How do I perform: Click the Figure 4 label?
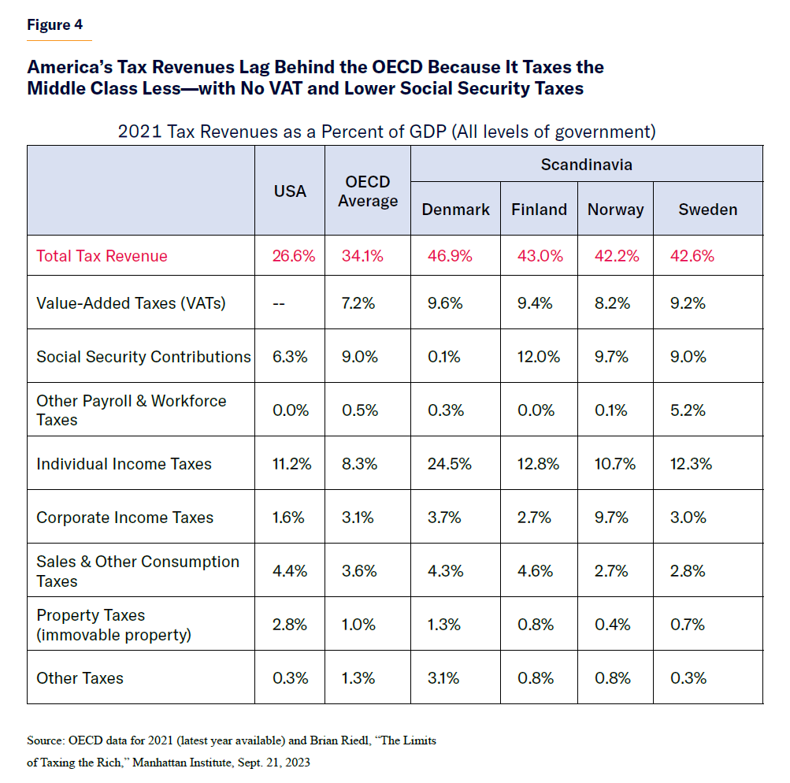[54, 24]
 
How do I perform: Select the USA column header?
[290, 191]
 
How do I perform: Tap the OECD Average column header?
[368, 191]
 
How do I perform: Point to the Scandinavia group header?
[586, 165]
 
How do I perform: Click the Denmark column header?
[455, 210]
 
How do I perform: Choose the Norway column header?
[615, 210]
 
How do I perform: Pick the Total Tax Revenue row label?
[102, 256]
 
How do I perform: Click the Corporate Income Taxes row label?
[124, 518]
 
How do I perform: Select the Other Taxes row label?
[80, 678]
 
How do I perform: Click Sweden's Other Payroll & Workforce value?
[692, 410]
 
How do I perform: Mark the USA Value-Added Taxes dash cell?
[280, 303]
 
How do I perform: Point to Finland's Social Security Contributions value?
[539, 357]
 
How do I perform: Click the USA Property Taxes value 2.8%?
[290, 625]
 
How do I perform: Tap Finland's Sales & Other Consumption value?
[535, 571]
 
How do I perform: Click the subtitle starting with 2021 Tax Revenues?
[386, 131]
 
